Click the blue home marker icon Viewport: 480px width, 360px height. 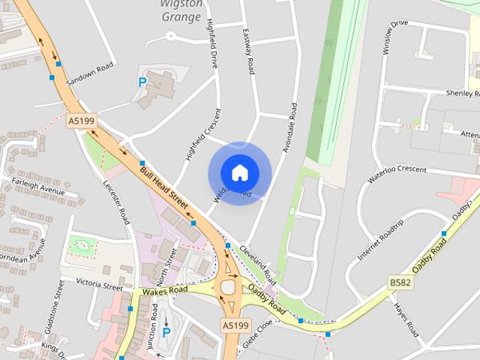pos(239,172)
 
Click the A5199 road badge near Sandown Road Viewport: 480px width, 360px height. pos(81,120)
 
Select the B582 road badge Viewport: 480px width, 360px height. pos(400,281)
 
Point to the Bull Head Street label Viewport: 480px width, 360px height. pos(163,183)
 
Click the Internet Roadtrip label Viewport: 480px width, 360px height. pos(380,239)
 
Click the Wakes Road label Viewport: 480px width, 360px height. pos(164,289)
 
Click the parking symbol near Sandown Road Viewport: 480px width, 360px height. pos(142,82)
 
